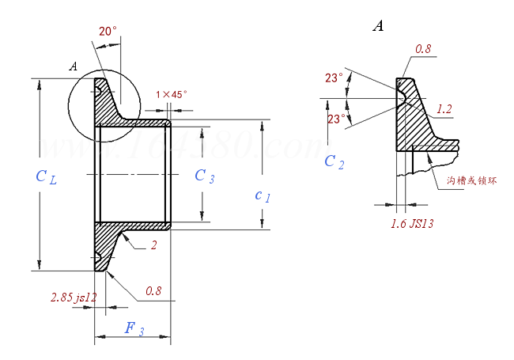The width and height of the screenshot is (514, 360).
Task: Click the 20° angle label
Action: [x=108, y=32]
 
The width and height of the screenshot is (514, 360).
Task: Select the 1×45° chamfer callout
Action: [x=172, y=94]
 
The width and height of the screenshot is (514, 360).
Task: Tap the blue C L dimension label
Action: [x=46, y=176]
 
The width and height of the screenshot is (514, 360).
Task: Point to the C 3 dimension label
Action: [x=204, y=176]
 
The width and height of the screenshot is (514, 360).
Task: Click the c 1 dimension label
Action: [x=263, y=195]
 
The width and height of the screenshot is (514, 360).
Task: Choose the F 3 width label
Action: [x=134, y=328]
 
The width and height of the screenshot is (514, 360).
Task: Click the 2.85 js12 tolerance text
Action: [x=73, y=297]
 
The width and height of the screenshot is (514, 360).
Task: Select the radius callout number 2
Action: [x=153, y=245]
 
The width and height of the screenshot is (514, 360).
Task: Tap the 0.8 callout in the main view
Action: [x=153, y=291]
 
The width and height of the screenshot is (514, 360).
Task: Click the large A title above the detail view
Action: [x=378, y=27]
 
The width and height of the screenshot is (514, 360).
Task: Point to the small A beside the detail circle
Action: [x=73, y=66]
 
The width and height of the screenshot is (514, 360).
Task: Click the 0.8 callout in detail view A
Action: [x=424, y=49]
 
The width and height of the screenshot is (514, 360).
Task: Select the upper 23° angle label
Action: [x=334, y=78]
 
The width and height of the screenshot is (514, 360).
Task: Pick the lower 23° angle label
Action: [x=335, y=119]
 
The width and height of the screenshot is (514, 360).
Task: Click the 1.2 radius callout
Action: [x=444, y=109]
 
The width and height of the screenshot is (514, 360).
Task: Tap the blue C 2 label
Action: [x=334, y=162]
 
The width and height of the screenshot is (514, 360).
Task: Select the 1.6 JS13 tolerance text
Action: [x=412, y=224]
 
